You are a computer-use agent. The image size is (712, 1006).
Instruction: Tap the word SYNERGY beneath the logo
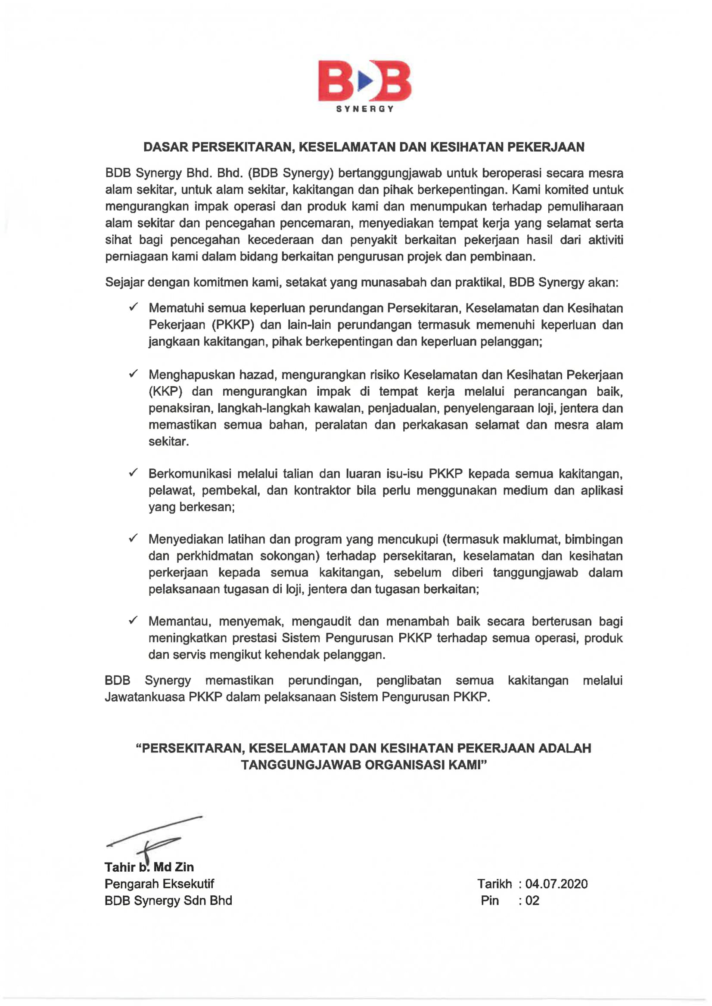click(365, 109)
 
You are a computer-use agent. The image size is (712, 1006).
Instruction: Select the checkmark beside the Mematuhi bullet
click(133, 307)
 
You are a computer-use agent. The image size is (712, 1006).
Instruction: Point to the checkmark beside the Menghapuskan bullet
click(133, 374)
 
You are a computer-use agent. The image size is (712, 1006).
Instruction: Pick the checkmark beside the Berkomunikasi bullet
click(133, 473)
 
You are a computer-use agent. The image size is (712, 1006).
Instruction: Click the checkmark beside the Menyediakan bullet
click(133, 539)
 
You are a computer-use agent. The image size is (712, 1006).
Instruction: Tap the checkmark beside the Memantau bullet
click(133, 620)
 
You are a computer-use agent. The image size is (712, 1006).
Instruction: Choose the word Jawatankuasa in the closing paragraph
click(145, 697)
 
